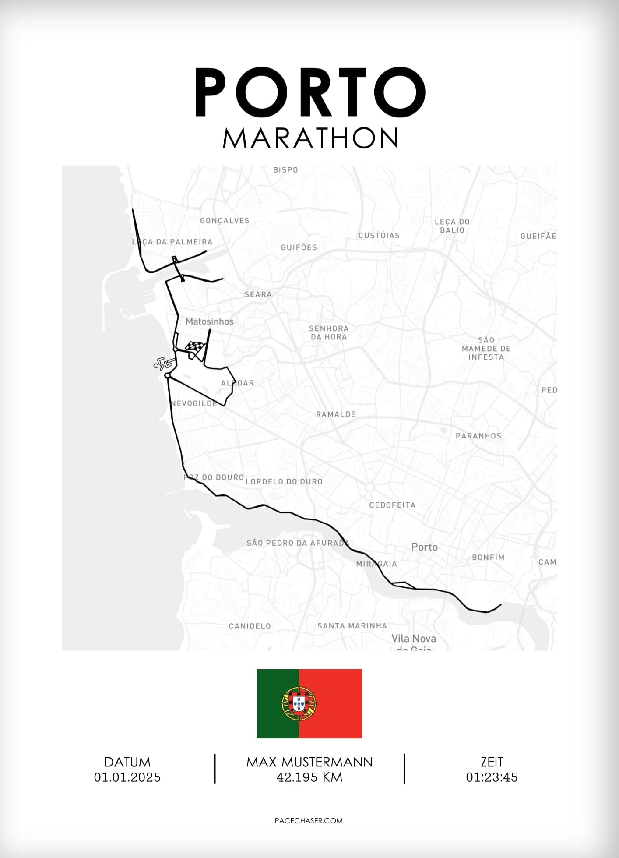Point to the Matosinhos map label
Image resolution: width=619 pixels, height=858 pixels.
(x=209, y=321)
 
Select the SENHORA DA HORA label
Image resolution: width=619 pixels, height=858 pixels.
(x=329, y=333)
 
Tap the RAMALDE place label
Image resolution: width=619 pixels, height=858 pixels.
(x=336, y=414)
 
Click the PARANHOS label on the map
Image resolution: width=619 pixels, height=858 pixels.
(x=478, y=436)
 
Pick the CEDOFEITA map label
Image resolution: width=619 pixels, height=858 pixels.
(x=392, y=505)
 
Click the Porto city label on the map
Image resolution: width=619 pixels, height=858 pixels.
(x=424, y=547)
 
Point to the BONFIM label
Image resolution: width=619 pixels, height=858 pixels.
(x=488, y=558)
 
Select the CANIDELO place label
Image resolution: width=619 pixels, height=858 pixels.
(x=250, y=626)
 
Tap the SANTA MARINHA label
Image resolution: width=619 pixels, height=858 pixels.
(x=352, y=626)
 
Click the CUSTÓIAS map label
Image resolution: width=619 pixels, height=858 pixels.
(x=379, y=236)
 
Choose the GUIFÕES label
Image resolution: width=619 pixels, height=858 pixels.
(x=299, y=247)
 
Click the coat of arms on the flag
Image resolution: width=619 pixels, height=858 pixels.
(x=299, y=704)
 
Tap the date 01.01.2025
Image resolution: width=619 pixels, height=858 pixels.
(x=127, y=777)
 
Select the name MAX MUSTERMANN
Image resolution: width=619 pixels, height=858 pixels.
(x=309, y=762)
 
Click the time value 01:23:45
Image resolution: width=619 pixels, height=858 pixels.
(x=492, y=777)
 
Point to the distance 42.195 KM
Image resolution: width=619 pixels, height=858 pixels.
(x=309, y=777)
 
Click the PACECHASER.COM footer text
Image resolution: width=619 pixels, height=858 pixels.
(x=309, y=821)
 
